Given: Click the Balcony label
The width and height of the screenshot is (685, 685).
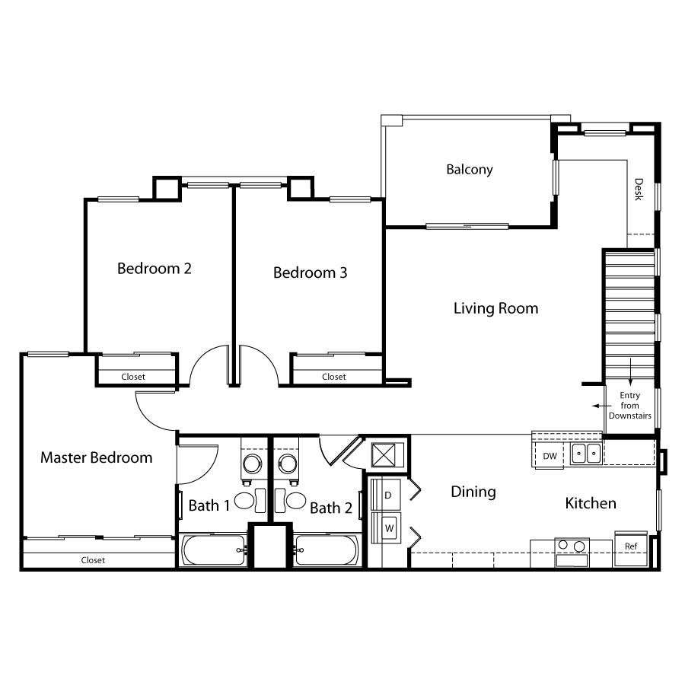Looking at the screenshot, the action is click(x=470, y=170).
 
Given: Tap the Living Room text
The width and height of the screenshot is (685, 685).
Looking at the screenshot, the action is click(x=495, y=308).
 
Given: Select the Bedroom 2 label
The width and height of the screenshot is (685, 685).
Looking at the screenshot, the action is click(x=155, y=268).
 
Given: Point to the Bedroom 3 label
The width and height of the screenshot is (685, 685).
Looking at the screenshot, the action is click(x=311, y=272).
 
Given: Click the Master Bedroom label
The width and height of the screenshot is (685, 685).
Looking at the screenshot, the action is click(x=97, y=457).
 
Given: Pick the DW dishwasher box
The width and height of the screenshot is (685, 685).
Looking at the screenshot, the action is click(x=550, y=455).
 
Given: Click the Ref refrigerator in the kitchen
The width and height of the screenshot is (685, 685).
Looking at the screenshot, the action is click(x=631, y=549).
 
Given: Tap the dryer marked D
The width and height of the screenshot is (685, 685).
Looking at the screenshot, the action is click(x=385, y=495).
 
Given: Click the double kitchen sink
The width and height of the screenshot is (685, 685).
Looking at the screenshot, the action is click(x=586, y=453).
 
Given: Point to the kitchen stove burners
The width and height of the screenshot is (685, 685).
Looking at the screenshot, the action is click(x=572, y=546).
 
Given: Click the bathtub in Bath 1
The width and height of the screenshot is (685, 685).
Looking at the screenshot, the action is click(x=214, y=550).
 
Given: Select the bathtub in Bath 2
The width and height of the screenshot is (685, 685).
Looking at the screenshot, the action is click(x=327, y=550).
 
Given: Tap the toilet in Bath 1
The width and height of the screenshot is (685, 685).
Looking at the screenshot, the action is click(x=250, y=501).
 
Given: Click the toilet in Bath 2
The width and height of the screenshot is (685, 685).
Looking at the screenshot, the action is click(x=291, y=501).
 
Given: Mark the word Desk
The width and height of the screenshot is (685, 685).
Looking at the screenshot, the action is click(x=639, y=190).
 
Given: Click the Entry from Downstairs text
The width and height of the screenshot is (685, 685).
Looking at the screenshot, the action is click(x=630, y=406).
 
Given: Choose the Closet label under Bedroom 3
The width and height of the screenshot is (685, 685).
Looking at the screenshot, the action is click(x=334, y=377).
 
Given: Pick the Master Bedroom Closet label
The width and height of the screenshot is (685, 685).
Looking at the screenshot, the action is click(x=93, y=560).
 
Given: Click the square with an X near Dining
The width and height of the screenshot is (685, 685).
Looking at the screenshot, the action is click(x=383, y=455).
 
